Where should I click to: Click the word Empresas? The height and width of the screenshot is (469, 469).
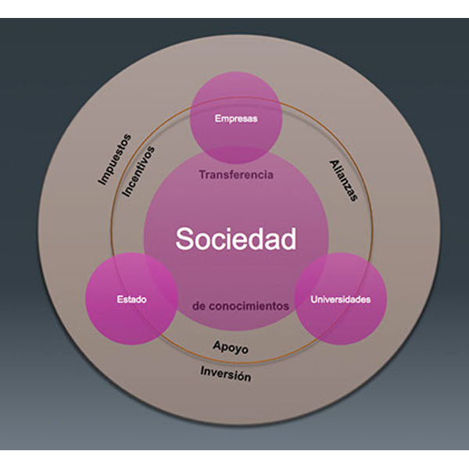tap(236, 120)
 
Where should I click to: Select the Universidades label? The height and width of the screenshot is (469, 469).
tap(340, 299)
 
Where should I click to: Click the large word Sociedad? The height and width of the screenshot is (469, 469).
tap(236, 238)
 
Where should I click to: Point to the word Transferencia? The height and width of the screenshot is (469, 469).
tap(236, 175)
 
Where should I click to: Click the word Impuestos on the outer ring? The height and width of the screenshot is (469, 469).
tap(114, 159)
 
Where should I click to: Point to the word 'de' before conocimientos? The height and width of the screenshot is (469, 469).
tap(198, 306)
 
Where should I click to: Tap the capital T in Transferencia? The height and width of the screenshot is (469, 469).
tap(202, 175)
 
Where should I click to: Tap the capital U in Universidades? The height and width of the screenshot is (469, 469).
tap(314, 299)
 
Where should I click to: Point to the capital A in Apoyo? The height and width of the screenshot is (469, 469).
tap(217, 345)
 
